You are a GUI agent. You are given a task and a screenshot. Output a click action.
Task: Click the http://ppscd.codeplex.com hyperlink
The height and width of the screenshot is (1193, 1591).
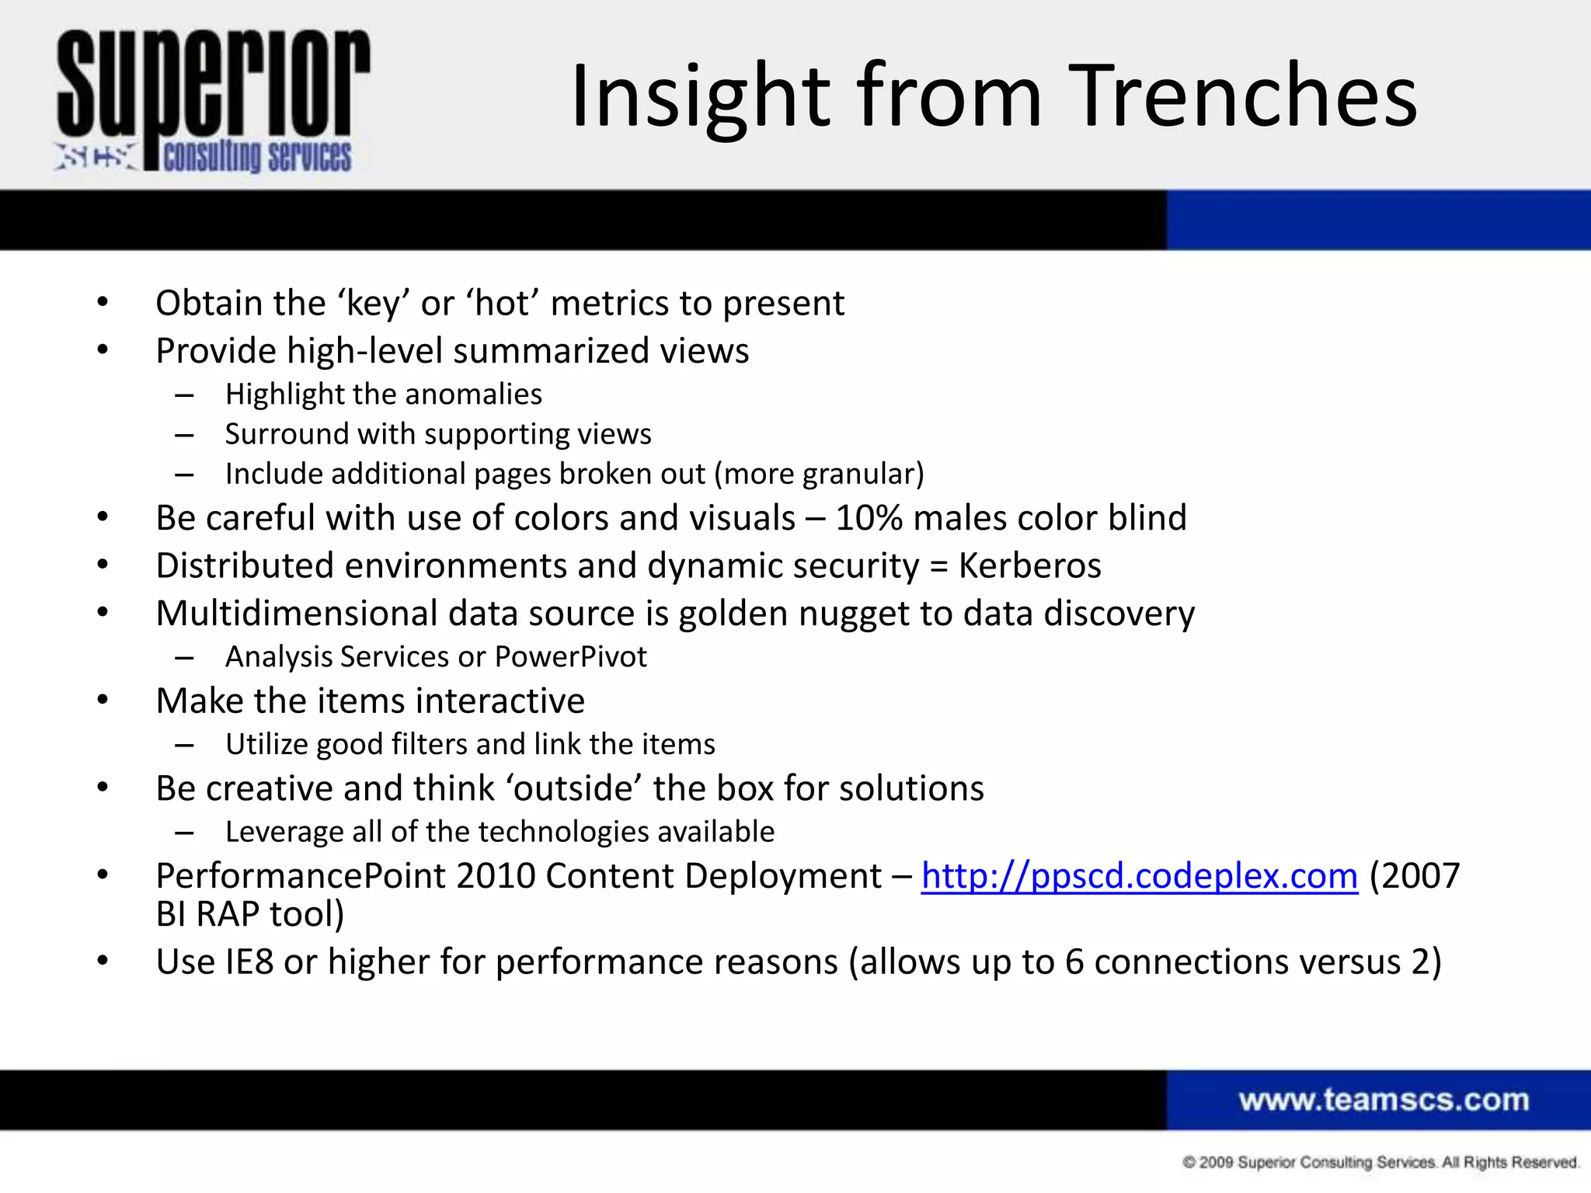coord(1139,876)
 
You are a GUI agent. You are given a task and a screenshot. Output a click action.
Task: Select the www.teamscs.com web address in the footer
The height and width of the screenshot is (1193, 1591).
coord(1383,1100)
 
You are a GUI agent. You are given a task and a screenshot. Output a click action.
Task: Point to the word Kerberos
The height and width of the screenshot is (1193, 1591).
coord(1029,565)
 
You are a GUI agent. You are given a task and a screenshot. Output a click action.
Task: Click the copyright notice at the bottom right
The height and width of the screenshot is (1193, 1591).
coord(1380,1162)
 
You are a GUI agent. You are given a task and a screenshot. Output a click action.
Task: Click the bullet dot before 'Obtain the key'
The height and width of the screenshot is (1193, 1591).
coord(103,302)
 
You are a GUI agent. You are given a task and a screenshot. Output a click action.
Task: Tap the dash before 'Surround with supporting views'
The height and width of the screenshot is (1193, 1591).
coord(184,435)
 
